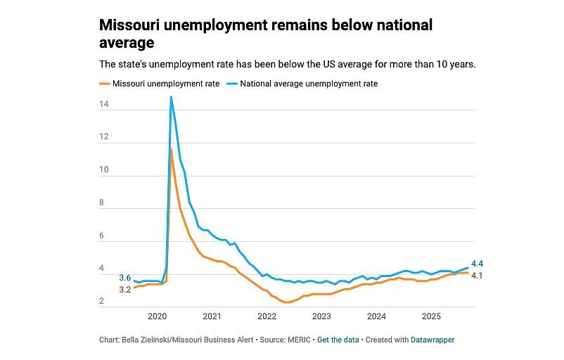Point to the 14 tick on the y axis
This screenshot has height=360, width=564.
point(103,105)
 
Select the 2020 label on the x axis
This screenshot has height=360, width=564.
point(157,316)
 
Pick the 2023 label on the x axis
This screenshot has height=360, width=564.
point(321,316)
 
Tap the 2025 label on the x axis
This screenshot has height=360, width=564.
point(431,316)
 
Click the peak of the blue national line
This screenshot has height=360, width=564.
point(171,97)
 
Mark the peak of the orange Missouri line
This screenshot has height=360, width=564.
point(171,149)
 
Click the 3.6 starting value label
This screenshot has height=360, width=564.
point(124,278)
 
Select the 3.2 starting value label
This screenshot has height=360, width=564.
point(124,289)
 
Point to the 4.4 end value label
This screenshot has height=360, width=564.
point(477,264)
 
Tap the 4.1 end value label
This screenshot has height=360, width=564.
point(477,275)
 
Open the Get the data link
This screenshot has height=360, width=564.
point(339,340)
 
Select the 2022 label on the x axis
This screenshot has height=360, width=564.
point(267,316)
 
